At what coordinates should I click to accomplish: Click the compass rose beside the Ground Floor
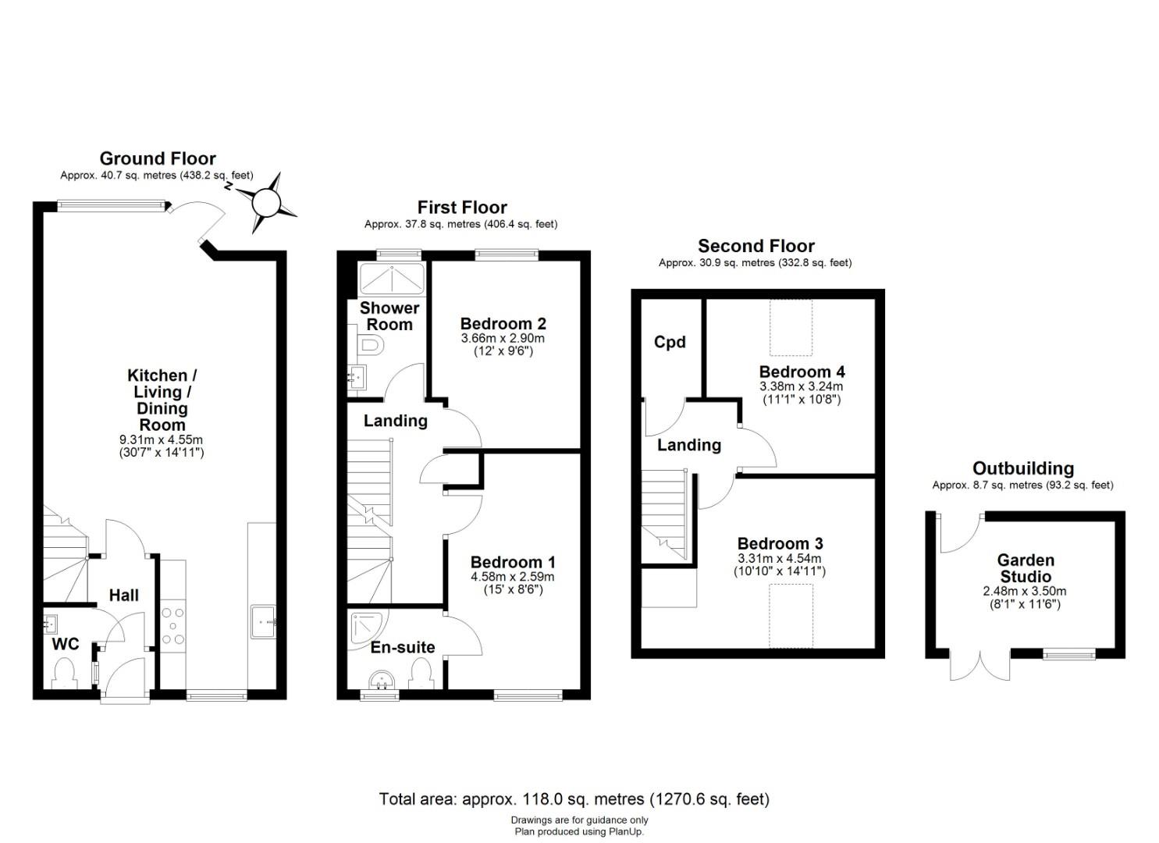(x=266, y=203)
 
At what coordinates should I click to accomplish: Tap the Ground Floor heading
(x=158, y=158)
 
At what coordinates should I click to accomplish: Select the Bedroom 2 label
(x=503, y=324)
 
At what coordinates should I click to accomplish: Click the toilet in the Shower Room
(x=372, y=345)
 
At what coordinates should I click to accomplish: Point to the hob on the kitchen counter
(x=172, y=626)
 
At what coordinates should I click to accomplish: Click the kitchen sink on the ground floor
(x=263, y=621)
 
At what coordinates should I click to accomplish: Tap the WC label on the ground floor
(x=66, y=644)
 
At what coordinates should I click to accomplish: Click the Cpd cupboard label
(x=670, y=342)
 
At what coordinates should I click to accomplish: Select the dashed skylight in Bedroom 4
(x=791, y=328)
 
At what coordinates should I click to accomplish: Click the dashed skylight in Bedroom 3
(x=791, y=616)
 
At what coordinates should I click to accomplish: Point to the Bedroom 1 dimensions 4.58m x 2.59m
(x=512, y=577)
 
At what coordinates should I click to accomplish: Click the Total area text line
(x=574, y=799)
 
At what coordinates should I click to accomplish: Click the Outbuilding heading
(x=1023, y=468)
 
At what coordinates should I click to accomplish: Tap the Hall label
(x=123, y=595)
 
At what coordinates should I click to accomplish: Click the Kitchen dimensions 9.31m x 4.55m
(x=162, y=440)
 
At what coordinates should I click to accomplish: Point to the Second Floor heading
(x=756, y=246)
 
